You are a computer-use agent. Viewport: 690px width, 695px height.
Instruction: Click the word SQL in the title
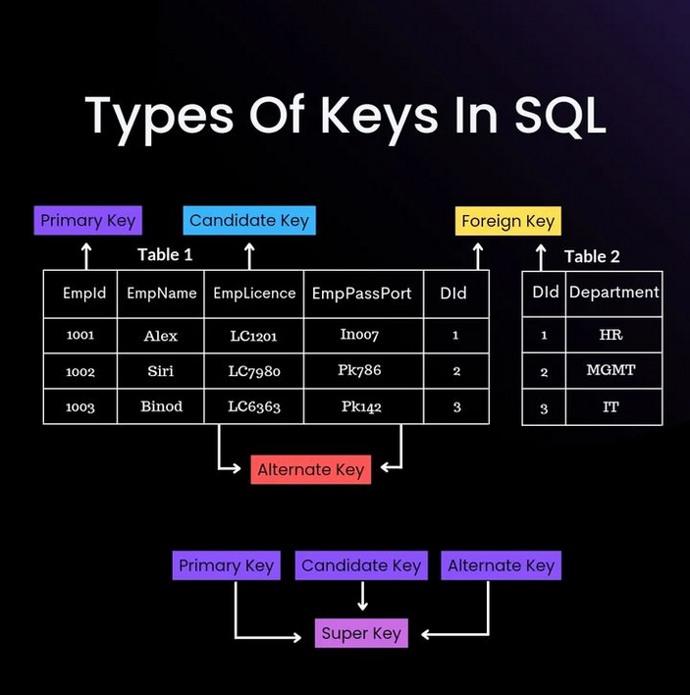557,116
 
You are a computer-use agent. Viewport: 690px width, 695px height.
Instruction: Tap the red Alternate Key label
310,470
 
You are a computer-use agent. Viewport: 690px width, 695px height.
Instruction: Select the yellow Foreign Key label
507,221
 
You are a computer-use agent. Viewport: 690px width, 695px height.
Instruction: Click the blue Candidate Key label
249,221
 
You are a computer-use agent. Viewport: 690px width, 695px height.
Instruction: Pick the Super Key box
361,633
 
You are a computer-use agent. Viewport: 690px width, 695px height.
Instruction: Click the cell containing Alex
161,336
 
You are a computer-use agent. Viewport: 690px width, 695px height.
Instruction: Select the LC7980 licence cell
254,371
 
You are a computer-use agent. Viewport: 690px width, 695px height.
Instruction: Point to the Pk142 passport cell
361,406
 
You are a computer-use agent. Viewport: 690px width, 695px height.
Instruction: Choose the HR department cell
610,335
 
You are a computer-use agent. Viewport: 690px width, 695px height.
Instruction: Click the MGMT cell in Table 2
610,371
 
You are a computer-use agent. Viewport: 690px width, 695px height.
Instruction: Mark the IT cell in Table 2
610,406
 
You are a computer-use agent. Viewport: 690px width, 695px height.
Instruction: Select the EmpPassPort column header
361,294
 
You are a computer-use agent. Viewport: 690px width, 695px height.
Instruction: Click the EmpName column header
162,294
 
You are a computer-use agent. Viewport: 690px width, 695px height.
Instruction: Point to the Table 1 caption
165,255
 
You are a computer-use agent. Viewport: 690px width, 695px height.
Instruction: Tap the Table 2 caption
592,256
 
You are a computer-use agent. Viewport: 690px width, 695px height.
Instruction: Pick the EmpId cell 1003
80,406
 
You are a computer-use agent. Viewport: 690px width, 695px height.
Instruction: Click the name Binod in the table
161,406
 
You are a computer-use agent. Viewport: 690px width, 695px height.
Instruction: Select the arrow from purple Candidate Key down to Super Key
362,596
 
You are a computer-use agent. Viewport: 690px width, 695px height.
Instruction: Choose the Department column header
614,293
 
